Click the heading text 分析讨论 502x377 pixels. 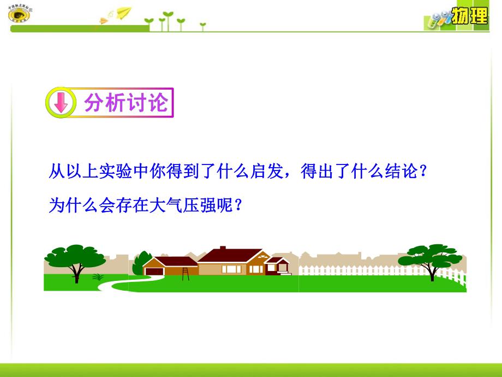coord(124,102)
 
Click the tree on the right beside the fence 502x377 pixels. coord(431,258)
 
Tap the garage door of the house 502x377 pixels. coord(158,270)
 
